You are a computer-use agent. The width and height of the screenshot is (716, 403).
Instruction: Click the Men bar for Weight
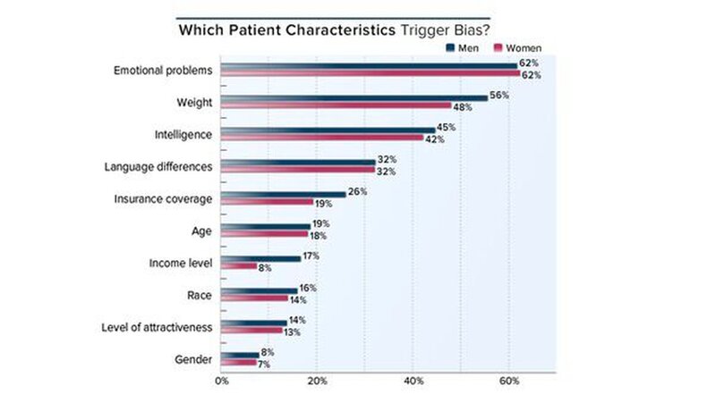pyautogui.click(x=354, y=97)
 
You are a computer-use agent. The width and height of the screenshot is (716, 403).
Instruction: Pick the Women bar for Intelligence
pyautogui.click(x=322, y=139)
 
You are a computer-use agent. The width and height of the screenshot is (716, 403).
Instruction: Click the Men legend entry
pyautogui.click(x=464, y=47)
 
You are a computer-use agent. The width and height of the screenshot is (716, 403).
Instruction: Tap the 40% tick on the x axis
pyautogui.click(x=413, y=381)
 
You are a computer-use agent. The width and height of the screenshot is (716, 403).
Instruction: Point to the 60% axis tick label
pyautogui.click(x=508, y=381)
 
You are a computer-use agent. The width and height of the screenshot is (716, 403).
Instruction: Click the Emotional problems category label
pyautogui.click(x=163, y=70)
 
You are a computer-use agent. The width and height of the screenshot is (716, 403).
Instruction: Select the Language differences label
pyautogui.click(x=158, y=166)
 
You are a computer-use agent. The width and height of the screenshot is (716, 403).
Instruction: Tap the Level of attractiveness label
pyautogui.click(x=157, y=327)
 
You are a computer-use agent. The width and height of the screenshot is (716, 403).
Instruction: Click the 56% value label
pyautogui.click(x=500, y=96)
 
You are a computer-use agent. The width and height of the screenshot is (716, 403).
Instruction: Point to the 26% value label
pyautogui.click(x=357, y=192)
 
